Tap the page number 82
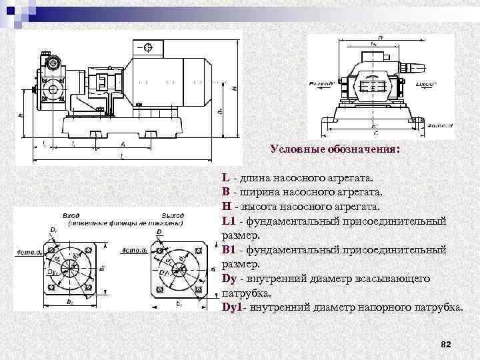pos(447,344)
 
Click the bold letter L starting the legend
pos(226,178)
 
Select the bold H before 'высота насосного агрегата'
pos(227,207)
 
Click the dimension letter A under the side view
pos(123,143)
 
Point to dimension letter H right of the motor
pos(234,87)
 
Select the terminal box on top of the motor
pos(148,47)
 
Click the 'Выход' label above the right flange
pos(172,216)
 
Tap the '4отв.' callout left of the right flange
pos(132,251)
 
